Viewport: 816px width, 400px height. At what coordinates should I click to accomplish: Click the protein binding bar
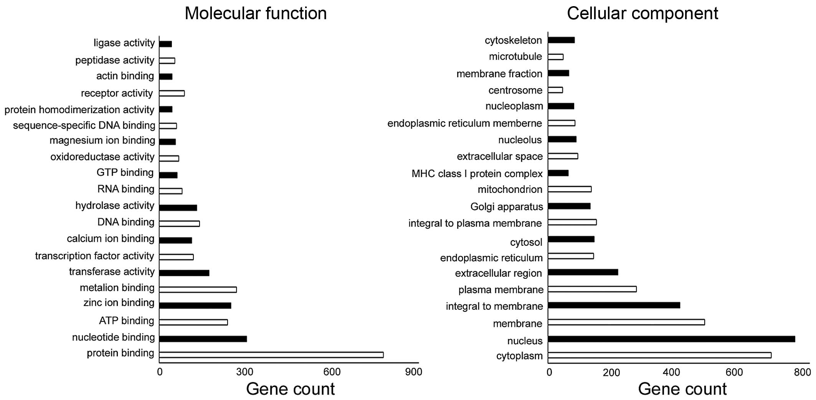[x=271, y=355]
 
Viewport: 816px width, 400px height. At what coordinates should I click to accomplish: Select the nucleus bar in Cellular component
[x=671, y=339]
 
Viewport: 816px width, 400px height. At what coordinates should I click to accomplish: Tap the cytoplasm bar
[x=659, y=355]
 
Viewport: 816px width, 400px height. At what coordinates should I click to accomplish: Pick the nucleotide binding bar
[x=203, y=339]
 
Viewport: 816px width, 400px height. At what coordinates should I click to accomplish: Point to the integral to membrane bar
[x=614, y=305]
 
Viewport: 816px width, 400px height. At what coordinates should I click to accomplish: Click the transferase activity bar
[x=184, y=273]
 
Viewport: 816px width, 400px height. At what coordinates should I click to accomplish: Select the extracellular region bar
[x=583, y=272]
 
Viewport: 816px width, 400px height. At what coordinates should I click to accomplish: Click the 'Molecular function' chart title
[x=256, y=13]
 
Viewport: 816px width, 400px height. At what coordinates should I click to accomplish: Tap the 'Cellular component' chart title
[x=642, y=13]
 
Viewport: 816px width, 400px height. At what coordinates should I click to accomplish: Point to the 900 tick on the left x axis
[x=414, y=372]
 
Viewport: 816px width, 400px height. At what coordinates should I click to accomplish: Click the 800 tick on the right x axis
[x=802, y=372]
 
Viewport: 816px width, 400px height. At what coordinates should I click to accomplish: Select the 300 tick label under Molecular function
[x=244, y=372]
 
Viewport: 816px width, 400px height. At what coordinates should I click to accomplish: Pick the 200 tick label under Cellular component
[x=611, y=372]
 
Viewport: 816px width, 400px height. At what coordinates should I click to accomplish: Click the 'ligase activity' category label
[x=124, y=43]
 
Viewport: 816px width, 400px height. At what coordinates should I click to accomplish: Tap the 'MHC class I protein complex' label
[x=477, y=174]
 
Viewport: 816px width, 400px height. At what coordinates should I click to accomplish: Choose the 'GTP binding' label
[x=125, y=173]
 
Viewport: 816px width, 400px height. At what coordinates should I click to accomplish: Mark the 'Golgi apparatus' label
[x=507, y=207]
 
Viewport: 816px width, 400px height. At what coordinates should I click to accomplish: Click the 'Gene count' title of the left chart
[x=290, y=389]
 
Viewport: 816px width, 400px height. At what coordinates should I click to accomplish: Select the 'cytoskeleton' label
[x=513, y=40]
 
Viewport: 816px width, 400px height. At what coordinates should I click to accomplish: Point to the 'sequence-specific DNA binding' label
[x=84, y=126]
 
